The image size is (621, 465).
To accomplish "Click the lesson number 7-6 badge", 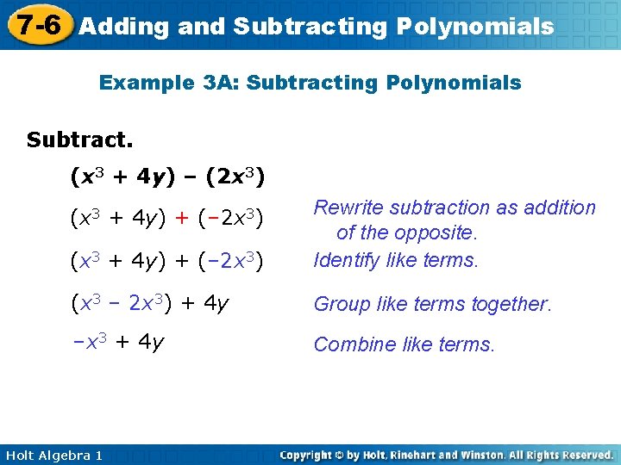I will pos(35,24).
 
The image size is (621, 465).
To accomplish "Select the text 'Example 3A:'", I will pos(157,83).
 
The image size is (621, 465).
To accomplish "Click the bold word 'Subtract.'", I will pos(79,139).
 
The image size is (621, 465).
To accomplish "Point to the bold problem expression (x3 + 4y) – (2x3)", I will pos(167,178).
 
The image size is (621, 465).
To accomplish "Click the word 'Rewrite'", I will pos(349,208).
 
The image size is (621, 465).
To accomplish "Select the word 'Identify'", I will pos(347,259).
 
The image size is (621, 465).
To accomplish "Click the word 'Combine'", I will pos(352,344).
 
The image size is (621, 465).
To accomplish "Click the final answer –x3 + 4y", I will pos(118,342).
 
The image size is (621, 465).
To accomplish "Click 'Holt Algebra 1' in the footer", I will pos(53,455).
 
